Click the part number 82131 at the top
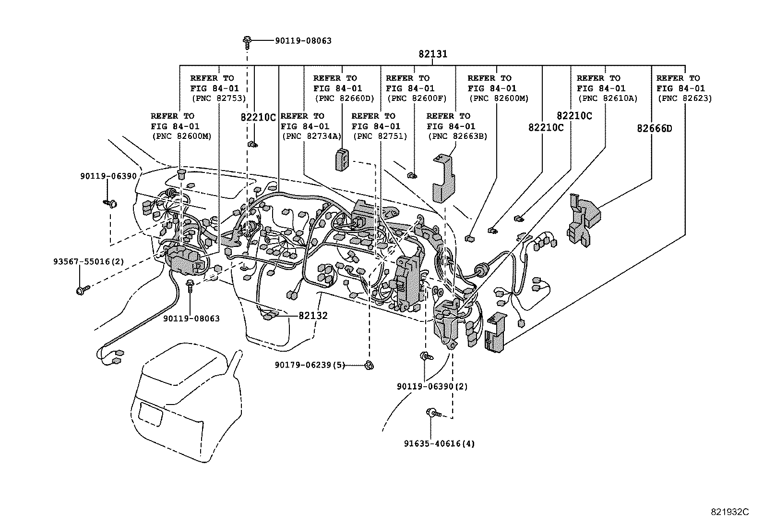[x=432, y=54]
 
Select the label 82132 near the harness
[x=313, y=316]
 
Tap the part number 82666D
[x=655, y=128]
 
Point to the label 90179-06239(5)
[x=310, y=365]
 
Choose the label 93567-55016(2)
[x=88, y=262]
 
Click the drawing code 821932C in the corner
[x=729, y=512]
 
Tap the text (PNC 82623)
[x=684, y=98]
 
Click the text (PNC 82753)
[x=218, y=98]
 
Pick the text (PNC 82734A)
[x=310, y=136]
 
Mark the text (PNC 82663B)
[x=457, y=136]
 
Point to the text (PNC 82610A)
[x=608, y=98]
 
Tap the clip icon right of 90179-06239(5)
[x=369, y=365]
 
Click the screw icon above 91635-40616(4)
[x=430, y=412]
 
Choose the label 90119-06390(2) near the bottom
[x=432, y=386]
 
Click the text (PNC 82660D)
[x=344, y=98]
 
